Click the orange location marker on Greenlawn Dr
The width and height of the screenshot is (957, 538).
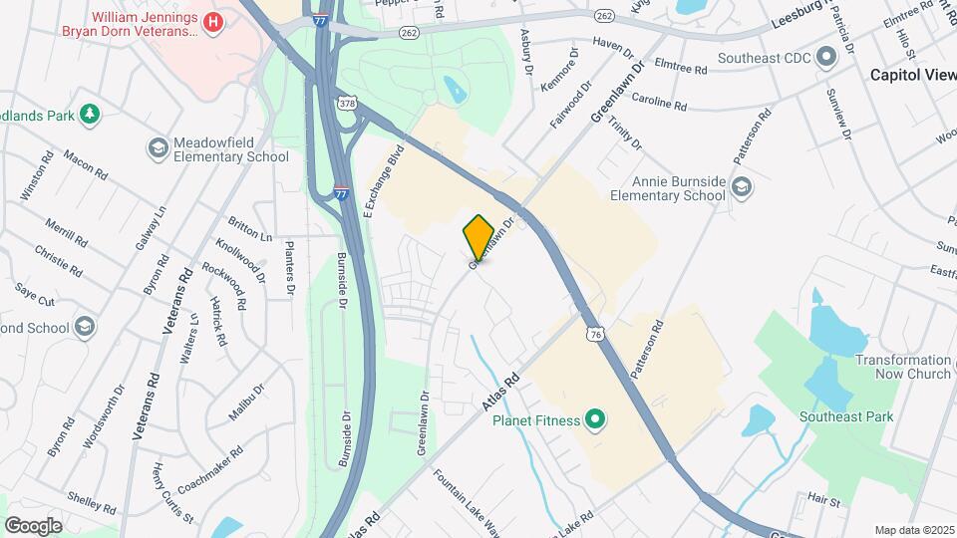[x=478, y=237]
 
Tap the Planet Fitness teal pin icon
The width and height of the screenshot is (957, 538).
[x=595, y=419]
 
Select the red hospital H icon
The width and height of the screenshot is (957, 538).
[x=211, y=22]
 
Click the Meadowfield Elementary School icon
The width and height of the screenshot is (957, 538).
[x=158, y=148]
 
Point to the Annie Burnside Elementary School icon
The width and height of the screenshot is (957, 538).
[x=741, y=186]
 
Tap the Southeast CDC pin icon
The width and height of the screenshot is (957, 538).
[x=826, y=57]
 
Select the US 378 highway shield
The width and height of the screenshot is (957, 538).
[x=347, y=103]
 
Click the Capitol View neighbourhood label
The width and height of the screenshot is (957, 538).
[x=912, y=75]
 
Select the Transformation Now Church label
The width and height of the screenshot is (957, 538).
[x=903, y=367]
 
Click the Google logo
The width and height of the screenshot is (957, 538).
[x=33, y=525]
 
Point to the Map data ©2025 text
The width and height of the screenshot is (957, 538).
[x=913, y=529]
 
